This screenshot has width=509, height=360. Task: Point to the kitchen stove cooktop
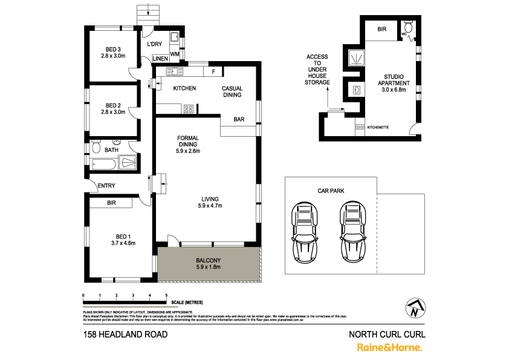click(188, 109)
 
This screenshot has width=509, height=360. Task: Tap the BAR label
click(239, 120)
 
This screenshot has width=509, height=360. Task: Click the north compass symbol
click(414, 309)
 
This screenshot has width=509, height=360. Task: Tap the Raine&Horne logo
click(389, 347)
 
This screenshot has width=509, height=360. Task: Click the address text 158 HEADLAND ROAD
click(125, 334)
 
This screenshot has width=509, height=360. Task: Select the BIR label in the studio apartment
click(382, 29)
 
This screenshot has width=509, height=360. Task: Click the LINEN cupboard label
click(160, 59)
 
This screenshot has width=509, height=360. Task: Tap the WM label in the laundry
click(175, 55)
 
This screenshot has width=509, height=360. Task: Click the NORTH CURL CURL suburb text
click(387, 334)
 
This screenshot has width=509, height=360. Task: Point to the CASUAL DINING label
click(232, 91)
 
